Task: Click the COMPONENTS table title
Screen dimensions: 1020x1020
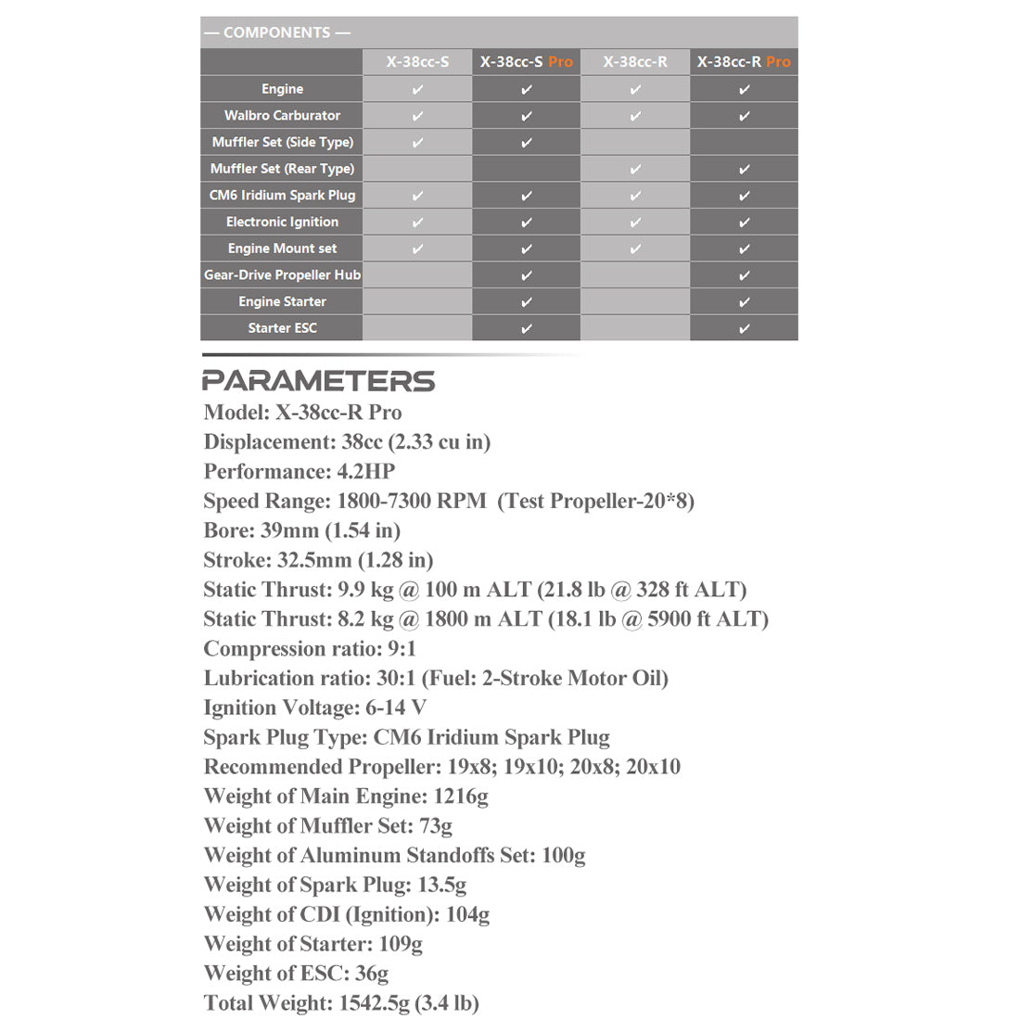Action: point(277,32)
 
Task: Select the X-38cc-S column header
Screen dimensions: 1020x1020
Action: point(417,62)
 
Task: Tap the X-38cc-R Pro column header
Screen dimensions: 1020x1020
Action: point(744,62)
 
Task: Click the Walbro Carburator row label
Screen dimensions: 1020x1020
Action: point(282,116)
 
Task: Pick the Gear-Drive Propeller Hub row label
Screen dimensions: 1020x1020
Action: point(282,275)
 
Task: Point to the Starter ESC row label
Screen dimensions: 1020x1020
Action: point(282,328)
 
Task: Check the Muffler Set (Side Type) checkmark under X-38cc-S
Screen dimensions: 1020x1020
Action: point(417,143)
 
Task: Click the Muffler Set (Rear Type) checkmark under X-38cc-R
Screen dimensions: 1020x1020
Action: point(635,170)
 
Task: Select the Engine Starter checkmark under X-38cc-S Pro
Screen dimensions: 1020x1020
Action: point(527,302)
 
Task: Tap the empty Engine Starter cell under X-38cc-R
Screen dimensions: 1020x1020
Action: point(635,302)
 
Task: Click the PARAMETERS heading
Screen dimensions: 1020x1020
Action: point(318,381)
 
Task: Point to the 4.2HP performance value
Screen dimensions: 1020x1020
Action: point(366,471)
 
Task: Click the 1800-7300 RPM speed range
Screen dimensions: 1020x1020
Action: point(412,501)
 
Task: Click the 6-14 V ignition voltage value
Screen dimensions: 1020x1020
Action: point(396,708)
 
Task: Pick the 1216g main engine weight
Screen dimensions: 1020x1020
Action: point(461,797)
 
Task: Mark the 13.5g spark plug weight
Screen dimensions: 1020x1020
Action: point(441,885)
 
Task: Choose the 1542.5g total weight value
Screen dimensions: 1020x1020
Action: point(374,1003)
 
